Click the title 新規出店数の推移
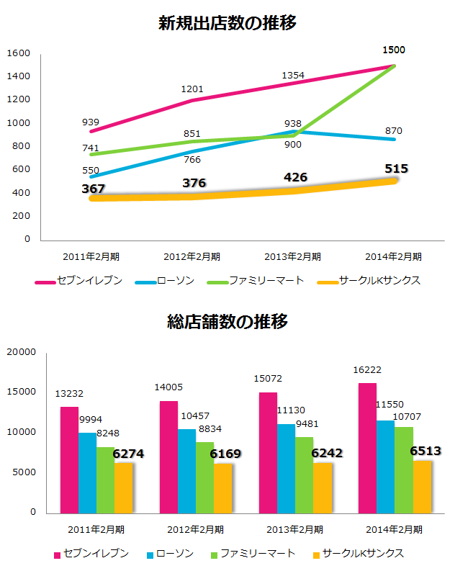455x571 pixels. [227, 23]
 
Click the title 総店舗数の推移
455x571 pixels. [227, 321]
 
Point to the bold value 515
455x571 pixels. [395, 169]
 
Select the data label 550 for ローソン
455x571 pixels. [91, 171]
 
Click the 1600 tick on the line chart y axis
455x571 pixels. [19, 53]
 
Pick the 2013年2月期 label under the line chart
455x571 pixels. [293, 256]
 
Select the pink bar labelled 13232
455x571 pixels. [69, 459]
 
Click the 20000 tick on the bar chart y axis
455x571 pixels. [21, 352]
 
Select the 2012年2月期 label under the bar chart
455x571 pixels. [195, 529]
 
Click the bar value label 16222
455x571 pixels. [367, 370]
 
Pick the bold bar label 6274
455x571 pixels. [128, 454]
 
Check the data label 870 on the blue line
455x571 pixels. [394, 131]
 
